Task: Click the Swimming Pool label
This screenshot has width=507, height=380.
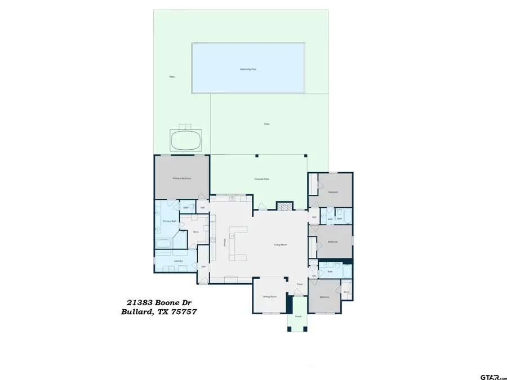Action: (x=248, y=69)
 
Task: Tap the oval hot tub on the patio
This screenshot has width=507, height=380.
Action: (x=186, y=140)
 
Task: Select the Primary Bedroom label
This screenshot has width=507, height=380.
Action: (x=182, y=178)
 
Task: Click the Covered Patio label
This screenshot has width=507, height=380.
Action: (x=261, y=179)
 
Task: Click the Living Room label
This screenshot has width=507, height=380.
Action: (x=281, y=244)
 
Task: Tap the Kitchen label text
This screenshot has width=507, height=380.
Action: (x=224, y=242)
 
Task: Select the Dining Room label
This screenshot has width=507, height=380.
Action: (x=269, y=297)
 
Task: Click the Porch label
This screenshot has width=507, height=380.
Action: (x=298, y=316)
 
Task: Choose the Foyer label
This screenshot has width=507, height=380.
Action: (x=300, y=284)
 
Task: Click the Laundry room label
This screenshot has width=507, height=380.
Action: (x=178, y=261)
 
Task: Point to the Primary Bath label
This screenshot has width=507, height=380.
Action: (x=170, y=221)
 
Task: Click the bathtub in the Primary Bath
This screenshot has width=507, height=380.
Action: (x=164, y=244)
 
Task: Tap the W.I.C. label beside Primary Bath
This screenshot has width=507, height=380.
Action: (x=196, y=231)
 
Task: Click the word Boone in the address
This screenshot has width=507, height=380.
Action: (x=167, y=302)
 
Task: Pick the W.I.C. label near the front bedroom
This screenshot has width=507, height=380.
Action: (x=346, y=291)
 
